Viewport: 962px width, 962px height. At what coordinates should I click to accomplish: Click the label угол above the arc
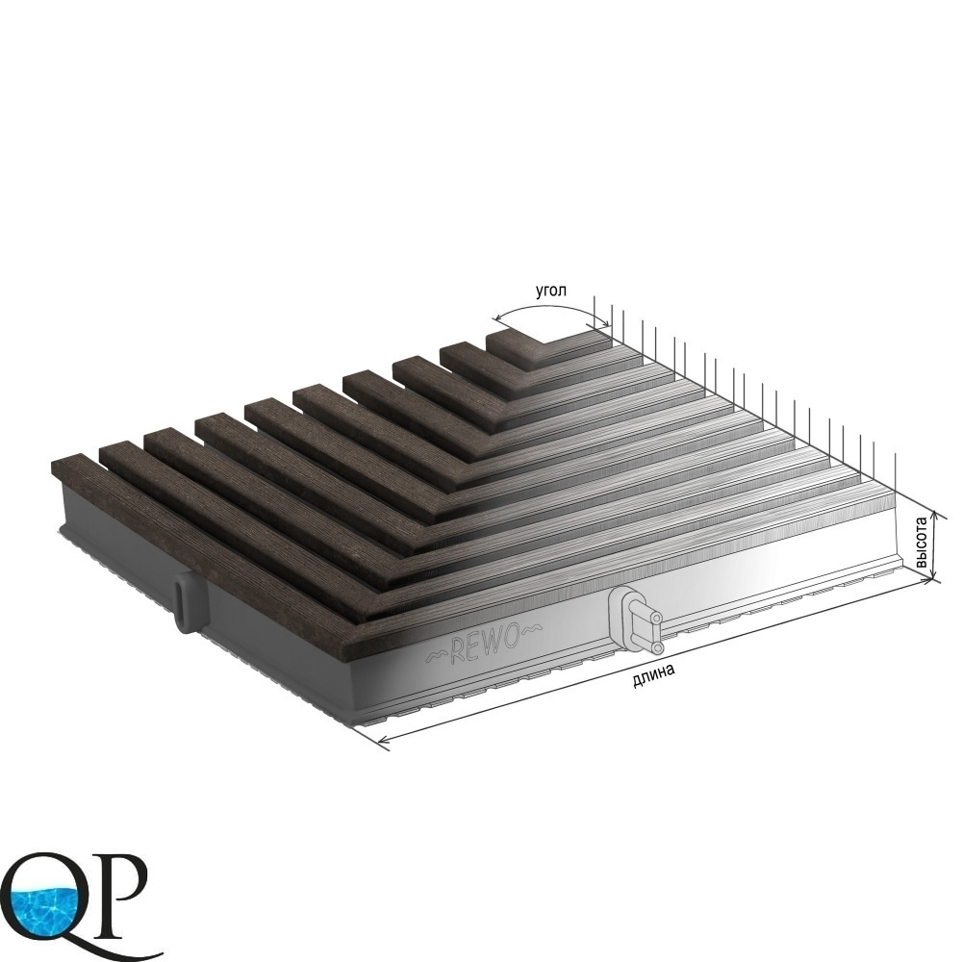click(x=552, y=291)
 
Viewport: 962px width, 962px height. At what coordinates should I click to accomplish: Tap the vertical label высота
click(x=921, y=543)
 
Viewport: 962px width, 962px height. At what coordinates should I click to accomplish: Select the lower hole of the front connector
click(x=656, y=647)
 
